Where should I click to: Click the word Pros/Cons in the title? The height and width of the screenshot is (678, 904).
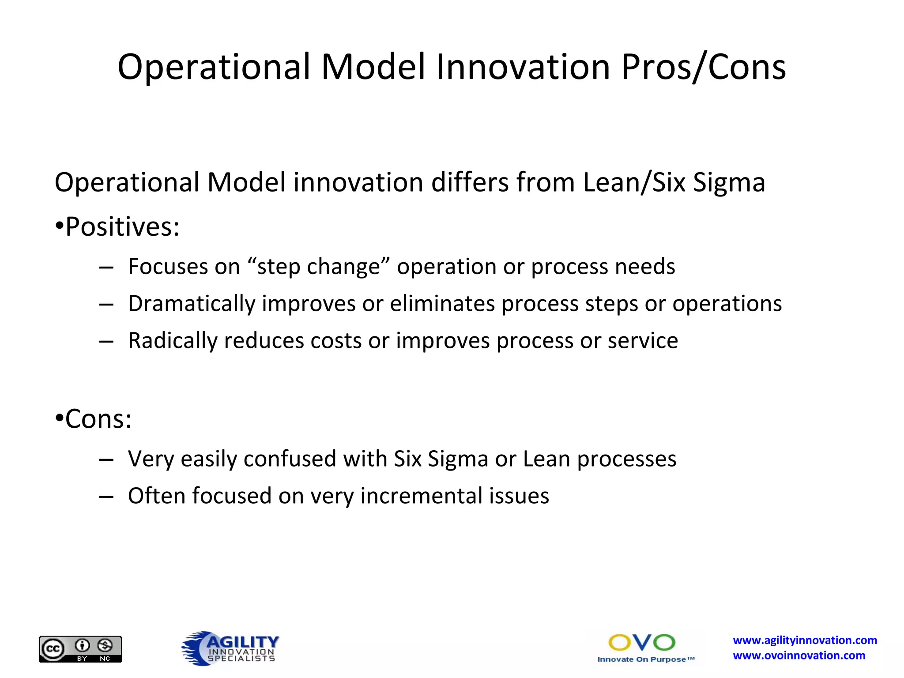coord(704,67)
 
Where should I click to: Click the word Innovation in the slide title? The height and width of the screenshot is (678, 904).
coord(523,67)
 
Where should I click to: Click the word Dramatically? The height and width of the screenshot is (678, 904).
coord(192,304)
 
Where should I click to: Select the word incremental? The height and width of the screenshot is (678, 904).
coord(421,496)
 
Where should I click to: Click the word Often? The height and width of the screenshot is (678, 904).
coord(156,496)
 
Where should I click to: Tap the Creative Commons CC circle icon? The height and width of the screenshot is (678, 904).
coord(53,649)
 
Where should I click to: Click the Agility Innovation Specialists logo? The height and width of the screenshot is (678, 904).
coord(230,648)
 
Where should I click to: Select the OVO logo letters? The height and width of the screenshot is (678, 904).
coord(641,643)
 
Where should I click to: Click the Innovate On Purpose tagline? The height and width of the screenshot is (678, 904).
coord(645,659)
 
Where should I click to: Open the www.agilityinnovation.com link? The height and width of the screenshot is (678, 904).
coord(805,640)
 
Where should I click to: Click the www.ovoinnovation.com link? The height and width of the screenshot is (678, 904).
coord(799,655)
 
